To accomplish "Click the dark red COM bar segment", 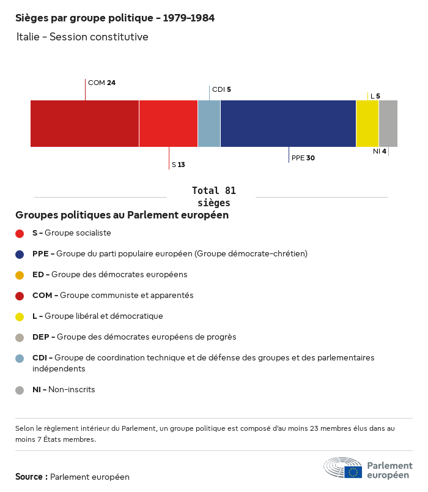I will (x=84, y=124).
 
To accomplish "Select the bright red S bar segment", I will (x=168, y=124).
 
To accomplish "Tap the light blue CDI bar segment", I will (x=209, y=124).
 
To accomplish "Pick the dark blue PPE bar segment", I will (x=288, y=124).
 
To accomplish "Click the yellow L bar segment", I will (x=367, y=124).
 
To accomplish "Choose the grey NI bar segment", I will (x=388, y=124).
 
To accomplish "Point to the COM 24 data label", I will (x=101, y=83).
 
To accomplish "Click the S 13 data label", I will (x=178, y=165).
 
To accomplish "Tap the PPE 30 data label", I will (x=303, y=158).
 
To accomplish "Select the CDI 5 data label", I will (x=221, y=89).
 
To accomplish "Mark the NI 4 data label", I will (x=379, y=151).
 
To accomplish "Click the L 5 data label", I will (x=375, y=96).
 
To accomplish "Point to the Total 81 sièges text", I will (x=214, y=196).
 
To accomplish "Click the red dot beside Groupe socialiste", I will (x=20, y=233).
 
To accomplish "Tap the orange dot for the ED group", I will (x=20, y=275).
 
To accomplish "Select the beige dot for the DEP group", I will (x=20, y=337).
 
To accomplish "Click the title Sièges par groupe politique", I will (x=115, y=18).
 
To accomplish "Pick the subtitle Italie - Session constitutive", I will (x=83, y=37).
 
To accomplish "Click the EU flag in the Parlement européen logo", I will (x=353, y=472).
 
